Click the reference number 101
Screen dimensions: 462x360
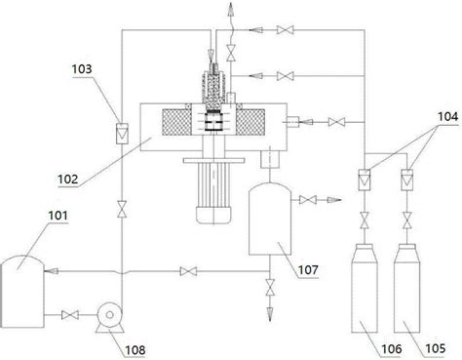[x=58, y=216]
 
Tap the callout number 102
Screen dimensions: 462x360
[x=68, y=180]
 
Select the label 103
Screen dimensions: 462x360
[x=82, y=69]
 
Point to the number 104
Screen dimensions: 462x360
[x=447, y=116]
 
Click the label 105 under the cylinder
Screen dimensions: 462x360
[x=436, y=349]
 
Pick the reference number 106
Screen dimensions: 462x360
[x=392, y=349]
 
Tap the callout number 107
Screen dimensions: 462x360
[x=308, y=269]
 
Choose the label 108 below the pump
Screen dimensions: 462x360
[x=135, y=350]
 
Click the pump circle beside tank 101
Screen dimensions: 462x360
[x=110, y=314]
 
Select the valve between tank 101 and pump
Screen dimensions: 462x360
[x=70, y=315]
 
